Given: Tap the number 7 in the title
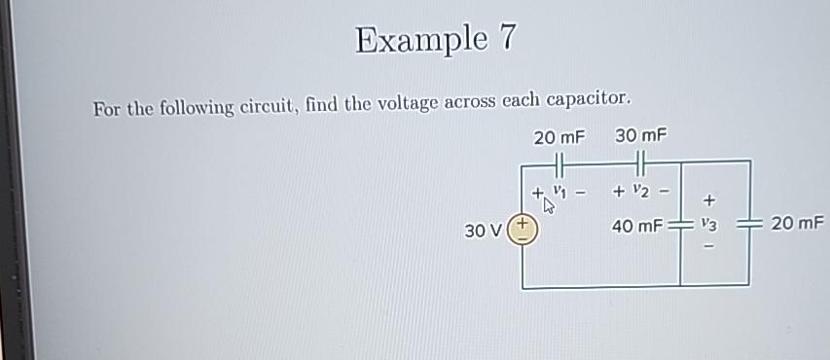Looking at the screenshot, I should (x=506, y=39).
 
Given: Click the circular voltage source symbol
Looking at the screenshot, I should (x=523, y=232).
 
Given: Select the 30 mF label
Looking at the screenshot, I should (x=641, y=135).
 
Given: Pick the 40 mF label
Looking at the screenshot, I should (x=636, y=227).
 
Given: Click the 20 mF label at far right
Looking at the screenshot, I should (x=797, y=225).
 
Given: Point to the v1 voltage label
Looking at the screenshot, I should (x=559, y=190).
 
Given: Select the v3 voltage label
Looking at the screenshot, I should (x=709, y=226).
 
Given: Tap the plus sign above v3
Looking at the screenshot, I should (x=709, y=200).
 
